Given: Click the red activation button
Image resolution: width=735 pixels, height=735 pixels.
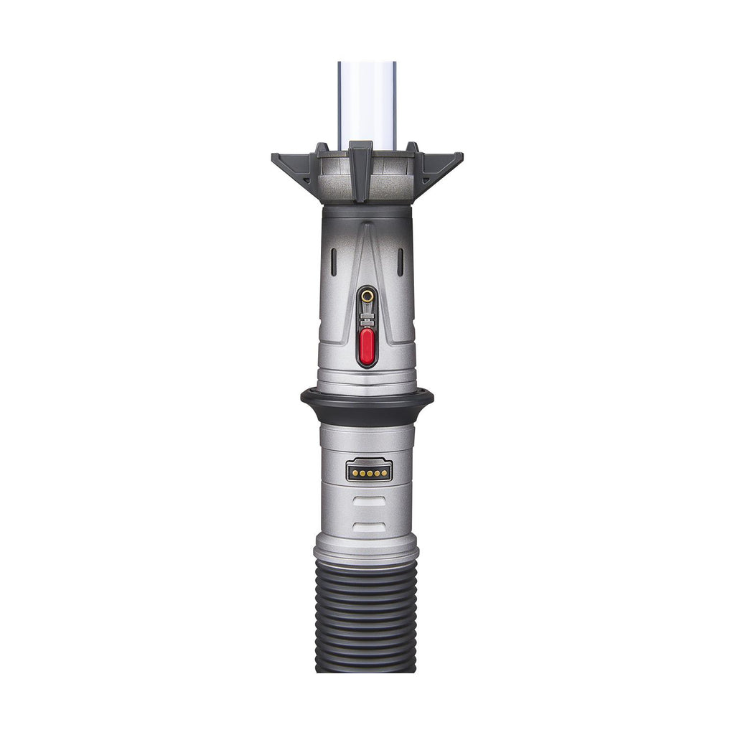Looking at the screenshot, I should (x=367, y=346).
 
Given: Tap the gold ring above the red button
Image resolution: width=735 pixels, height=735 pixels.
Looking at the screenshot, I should (x=367, y=294).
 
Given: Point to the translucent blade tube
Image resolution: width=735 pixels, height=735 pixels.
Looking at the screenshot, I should (x=367, y=100).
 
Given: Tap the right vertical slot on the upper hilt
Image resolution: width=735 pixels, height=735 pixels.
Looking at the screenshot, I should (x=400, y=262).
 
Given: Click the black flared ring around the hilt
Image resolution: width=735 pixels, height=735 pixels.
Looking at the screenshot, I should (x=367, y=399).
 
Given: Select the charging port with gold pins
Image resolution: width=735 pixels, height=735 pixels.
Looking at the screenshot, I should (x=369, y=472).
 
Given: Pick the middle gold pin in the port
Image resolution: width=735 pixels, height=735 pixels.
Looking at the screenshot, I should (x=369, y=473).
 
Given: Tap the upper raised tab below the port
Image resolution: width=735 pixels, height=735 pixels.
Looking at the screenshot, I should (x=369, y=502).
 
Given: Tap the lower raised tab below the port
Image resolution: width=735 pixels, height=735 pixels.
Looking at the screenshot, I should (x=369, y=528).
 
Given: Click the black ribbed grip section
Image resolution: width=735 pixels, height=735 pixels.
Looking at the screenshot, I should (x=367, y=617).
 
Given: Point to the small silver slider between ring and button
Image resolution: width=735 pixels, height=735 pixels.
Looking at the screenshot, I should (x=367, y=316).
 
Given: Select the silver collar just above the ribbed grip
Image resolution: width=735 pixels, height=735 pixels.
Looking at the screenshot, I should (x=366, y=551).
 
